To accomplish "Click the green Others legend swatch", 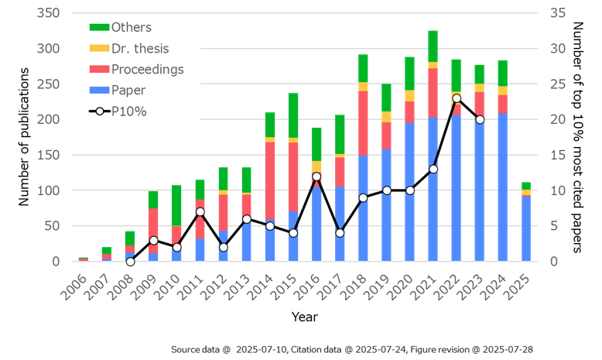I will (x=99, y=28).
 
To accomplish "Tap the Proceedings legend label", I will (x=147, y=70).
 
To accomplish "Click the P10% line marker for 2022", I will (x=457, y=98).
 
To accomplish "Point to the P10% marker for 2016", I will (x=316, y=177).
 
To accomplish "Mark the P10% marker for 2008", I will (x=130, y=261).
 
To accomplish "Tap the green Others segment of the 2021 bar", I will (x=433, y=46).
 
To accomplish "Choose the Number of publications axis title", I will (x=24, y=137).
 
